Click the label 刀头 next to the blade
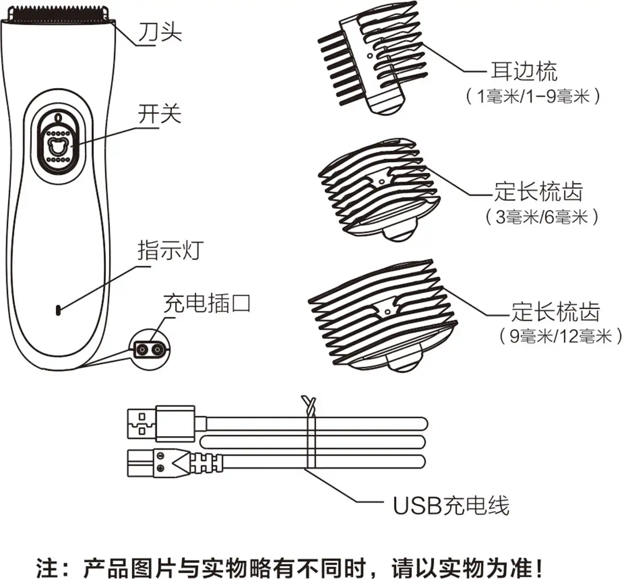pos(160,31)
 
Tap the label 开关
pos(160,114)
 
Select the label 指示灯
pos(171,250)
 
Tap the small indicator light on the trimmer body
pos(58,310)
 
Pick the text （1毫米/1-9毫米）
pos(533,96)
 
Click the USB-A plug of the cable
pos(161,423)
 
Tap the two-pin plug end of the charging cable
pos(175,463)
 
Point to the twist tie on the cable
pos(310,432)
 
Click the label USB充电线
pos(451,505)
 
